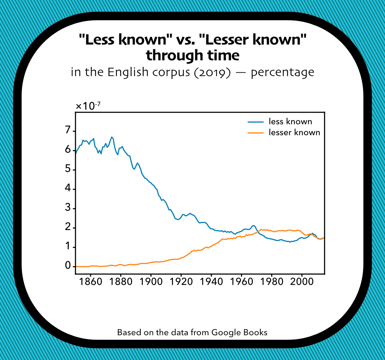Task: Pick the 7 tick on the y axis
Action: pyautogui.click(x=68, y=131)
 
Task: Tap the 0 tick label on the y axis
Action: pyautogui.click(x=68, y=267)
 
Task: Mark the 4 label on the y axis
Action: pyautogui.click(x=68, y=189)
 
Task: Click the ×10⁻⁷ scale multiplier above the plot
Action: pyautogui.click(x=88, y=106)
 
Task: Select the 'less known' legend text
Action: pyautogui.click(x=290, y=122)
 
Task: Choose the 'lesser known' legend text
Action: pyautogui.click(x=294, y=132)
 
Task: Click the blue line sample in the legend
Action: pyautogui.click(x=255, y=122)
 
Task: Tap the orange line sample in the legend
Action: pyautogui.click(x=255, y=132)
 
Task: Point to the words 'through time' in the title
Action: pyautogui.click(x=192, y=55)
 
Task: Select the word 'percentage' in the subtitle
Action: pyautogui.click(x=282, y=73)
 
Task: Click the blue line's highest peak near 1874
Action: pyautogui.click(x=112, y=137)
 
